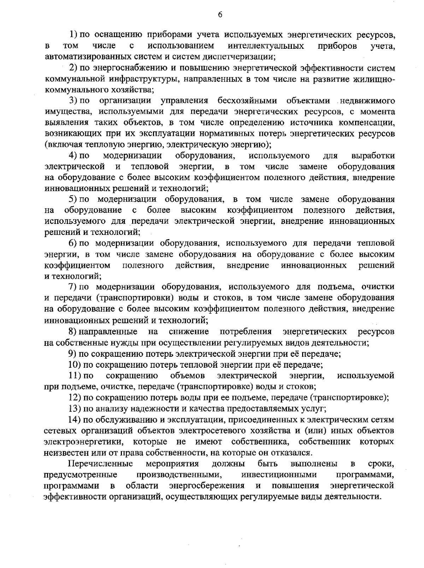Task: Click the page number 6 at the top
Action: [x=220, y=14]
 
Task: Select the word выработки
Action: [x=373, y=156]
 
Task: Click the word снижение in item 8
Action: [x=189, y=332]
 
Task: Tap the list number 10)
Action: [x=75, y=365]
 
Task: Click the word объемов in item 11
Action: [x=187, y=375]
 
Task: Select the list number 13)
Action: [x=75, y=409]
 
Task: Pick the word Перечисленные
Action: [x=101, y=463]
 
